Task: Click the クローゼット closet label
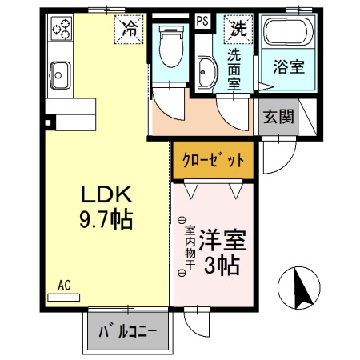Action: (212, 158)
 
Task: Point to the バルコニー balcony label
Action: (127, 331)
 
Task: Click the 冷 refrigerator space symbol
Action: (129, 30)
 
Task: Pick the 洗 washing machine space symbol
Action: (238, 29)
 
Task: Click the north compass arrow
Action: (302, 287)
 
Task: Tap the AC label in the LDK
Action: (65, 284)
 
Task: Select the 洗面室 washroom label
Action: (234, 68)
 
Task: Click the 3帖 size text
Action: (222, 266)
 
